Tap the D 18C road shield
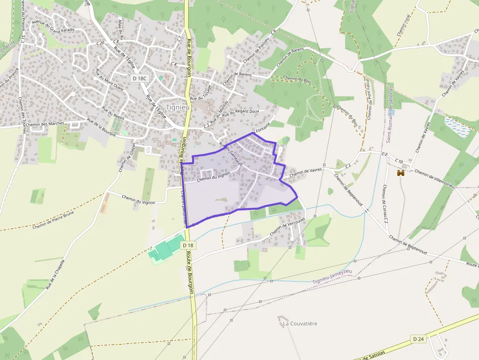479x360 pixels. [x=139, y=78]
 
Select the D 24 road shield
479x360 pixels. [x=418, y=339]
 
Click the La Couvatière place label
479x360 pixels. [x=300, y=323]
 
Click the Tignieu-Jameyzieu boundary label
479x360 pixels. [x=332, y=278]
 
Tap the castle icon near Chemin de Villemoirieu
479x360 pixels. [x=401, y=173]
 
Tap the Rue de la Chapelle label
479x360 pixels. [x=55, y=274]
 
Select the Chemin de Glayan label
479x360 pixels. [x=127, y=157]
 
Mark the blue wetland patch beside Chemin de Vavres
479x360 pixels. [x=457, y=127]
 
